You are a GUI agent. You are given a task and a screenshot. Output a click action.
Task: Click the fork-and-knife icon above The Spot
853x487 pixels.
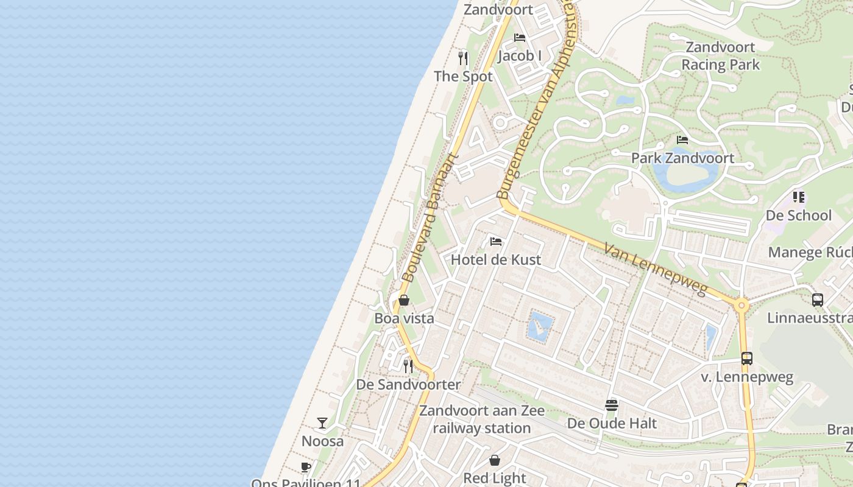pos(463,58)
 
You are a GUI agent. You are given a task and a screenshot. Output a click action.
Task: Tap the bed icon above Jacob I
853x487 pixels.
pos(520,38)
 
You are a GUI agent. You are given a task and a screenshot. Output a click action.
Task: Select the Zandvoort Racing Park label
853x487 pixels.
pos(721,56)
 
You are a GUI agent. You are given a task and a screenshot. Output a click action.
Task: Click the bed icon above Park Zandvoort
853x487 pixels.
pos(682,140)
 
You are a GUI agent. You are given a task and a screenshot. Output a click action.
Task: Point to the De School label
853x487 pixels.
pos(798,215)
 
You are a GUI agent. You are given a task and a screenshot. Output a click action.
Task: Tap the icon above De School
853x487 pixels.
pos(798,197)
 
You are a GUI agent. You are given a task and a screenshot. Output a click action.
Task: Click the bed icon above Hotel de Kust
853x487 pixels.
pos(496,242)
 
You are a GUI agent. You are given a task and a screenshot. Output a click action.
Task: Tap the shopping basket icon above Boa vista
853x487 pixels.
pos(403,300)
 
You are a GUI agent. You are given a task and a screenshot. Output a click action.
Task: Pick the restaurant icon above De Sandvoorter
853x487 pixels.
pos(408,366)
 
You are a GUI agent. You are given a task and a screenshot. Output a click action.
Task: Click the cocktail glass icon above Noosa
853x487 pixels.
pos(322,422)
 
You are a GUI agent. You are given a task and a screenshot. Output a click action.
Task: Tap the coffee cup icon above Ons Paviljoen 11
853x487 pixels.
pos(306,468)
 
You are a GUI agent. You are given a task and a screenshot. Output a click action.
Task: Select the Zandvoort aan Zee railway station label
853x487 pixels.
pos(482,419)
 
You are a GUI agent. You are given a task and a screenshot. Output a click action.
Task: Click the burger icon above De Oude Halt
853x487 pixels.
pos(612,405)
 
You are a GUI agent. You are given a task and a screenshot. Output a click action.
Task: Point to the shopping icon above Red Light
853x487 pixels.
pos(495,460)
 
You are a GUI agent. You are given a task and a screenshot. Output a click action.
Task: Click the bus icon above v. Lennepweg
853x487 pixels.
pos(747,359)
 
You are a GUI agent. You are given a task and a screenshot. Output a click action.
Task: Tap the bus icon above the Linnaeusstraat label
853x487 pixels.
pos(818,300)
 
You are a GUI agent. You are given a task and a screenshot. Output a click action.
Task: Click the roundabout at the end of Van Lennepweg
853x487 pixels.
pos(742,306)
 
